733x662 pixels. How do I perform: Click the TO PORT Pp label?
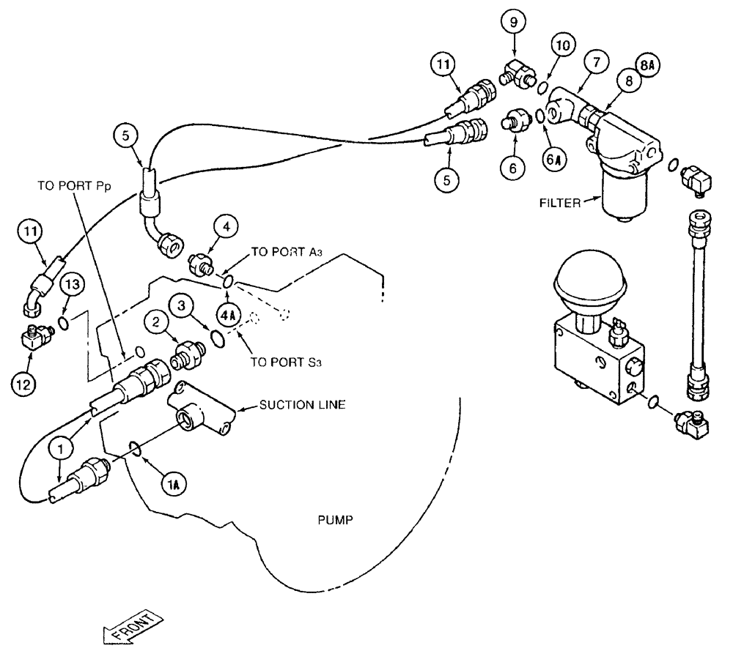(x=70, y=186)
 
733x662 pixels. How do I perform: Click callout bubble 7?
(x=597, y=62)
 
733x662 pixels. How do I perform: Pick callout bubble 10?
(x=561, y=46)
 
